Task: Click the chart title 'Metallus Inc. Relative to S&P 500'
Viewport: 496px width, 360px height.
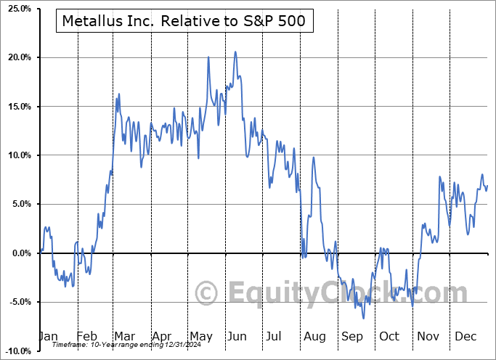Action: point(185,22)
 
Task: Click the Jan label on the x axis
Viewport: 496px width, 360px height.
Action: point(48,337)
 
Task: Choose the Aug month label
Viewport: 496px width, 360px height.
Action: point(314,337)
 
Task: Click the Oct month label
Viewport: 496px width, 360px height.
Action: point(389,337)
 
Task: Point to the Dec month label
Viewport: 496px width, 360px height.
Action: point(465,337)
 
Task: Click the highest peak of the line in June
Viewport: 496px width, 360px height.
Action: point(235,52)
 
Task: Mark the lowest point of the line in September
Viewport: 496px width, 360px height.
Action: point(364,318)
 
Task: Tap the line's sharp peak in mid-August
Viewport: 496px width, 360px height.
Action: point(313,157)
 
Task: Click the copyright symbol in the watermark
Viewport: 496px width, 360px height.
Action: point(208,294)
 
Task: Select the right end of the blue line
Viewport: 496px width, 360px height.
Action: point(488,186)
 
